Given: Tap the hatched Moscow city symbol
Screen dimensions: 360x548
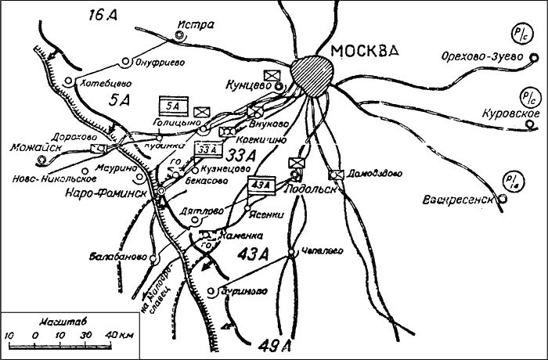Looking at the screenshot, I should click(315, 74).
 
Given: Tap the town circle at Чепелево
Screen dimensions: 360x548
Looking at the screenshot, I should click(290, 252).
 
